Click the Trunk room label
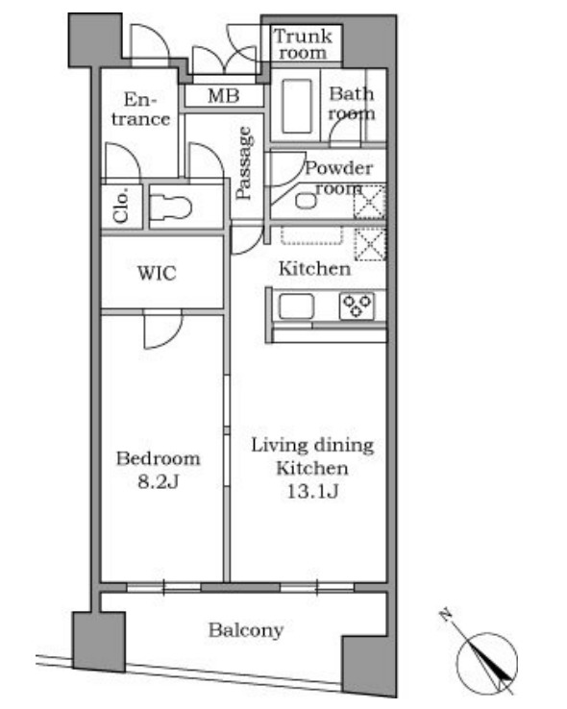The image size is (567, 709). click(303, 44)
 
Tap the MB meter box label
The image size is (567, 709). click(224, 96)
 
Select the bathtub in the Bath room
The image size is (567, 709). click(297, 107)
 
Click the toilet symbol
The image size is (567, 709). click(170, 208)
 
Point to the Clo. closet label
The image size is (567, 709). click(121, 206)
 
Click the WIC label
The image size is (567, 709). click(157, 273)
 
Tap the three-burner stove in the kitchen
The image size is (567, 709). click(357, 306)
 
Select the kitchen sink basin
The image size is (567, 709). click(296, 306)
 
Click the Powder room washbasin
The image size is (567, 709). click(307, 201)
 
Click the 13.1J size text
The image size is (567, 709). click(312, 492)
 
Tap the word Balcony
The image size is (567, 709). click(246, 630)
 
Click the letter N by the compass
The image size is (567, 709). click(446, 615)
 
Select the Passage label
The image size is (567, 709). click(244, 163)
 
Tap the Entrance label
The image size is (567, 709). click(140, 109)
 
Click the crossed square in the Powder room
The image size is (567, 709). click(369, 202)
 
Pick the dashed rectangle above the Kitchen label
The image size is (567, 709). click(312, 235)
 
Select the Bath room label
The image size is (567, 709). click(352, 104)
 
